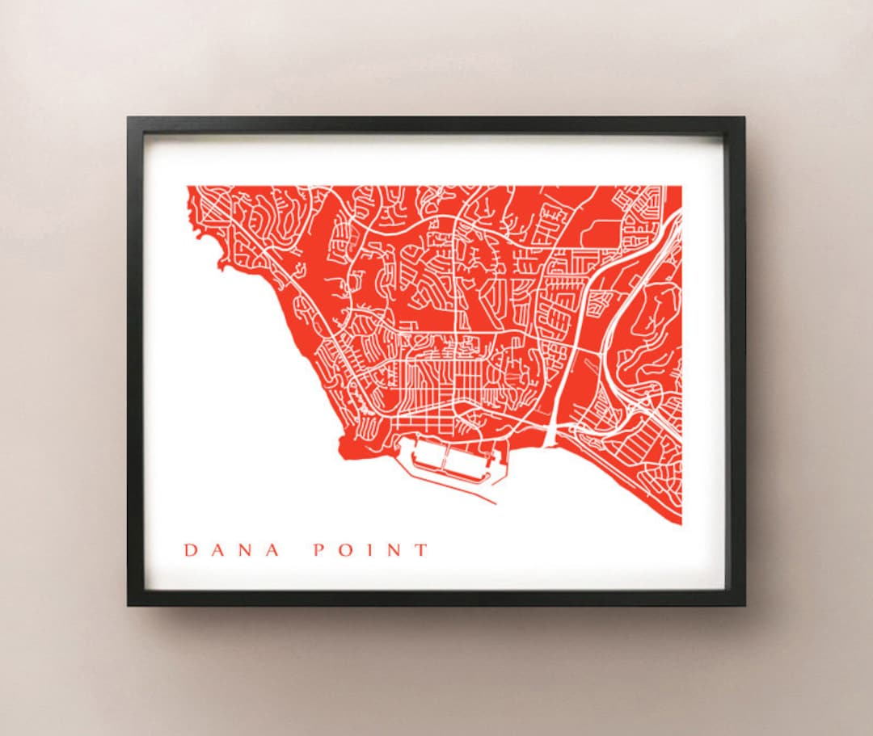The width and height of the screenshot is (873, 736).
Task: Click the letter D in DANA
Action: tap(191, 550)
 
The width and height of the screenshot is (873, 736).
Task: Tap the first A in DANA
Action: tap(219, 550)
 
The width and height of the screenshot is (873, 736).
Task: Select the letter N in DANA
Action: tap(247, 550)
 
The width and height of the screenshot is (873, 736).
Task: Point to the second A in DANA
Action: tap(275, 550)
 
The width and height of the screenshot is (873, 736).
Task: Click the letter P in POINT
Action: tap(318, 550)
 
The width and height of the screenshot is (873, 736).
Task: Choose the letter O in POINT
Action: tap(344, 550)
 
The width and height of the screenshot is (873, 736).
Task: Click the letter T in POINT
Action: tap(420, 550)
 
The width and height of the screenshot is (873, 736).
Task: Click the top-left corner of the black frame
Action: tap(128, 118)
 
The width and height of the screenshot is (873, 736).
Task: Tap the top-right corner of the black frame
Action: tap(744, 118)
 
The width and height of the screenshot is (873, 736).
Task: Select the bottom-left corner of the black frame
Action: tap(128, 605)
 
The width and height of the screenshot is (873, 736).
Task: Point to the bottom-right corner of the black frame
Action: tap(744, 605)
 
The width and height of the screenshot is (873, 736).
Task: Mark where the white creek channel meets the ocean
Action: tap(550, 444)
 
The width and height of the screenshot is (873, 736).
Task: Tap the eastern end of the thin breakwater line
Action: tap(495, 503)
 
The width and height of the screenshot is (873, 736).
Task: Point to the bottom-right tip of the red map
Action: tap(680, 524)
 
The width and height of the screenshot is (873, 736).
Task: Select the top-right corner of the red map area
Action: tap(681, 187)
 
